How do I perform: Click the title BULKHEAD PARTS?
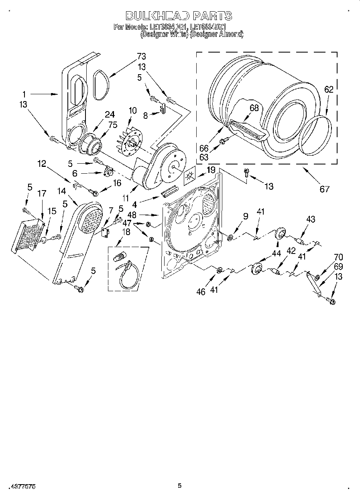[179, 16]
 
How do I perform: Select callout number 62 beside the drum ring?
[329, 90]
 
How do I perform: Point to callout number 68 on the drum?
[254, 108]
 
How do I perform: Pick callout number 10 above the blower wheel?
[132, 110]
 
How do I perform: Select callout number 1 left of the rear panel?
[24, 95]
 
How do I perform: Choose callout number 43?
[310, 219]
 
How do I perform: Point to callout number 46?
[201, 292]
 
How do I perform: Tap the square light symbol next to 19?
[189, 176]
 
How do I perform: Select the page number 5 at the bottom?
[180, 486]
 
